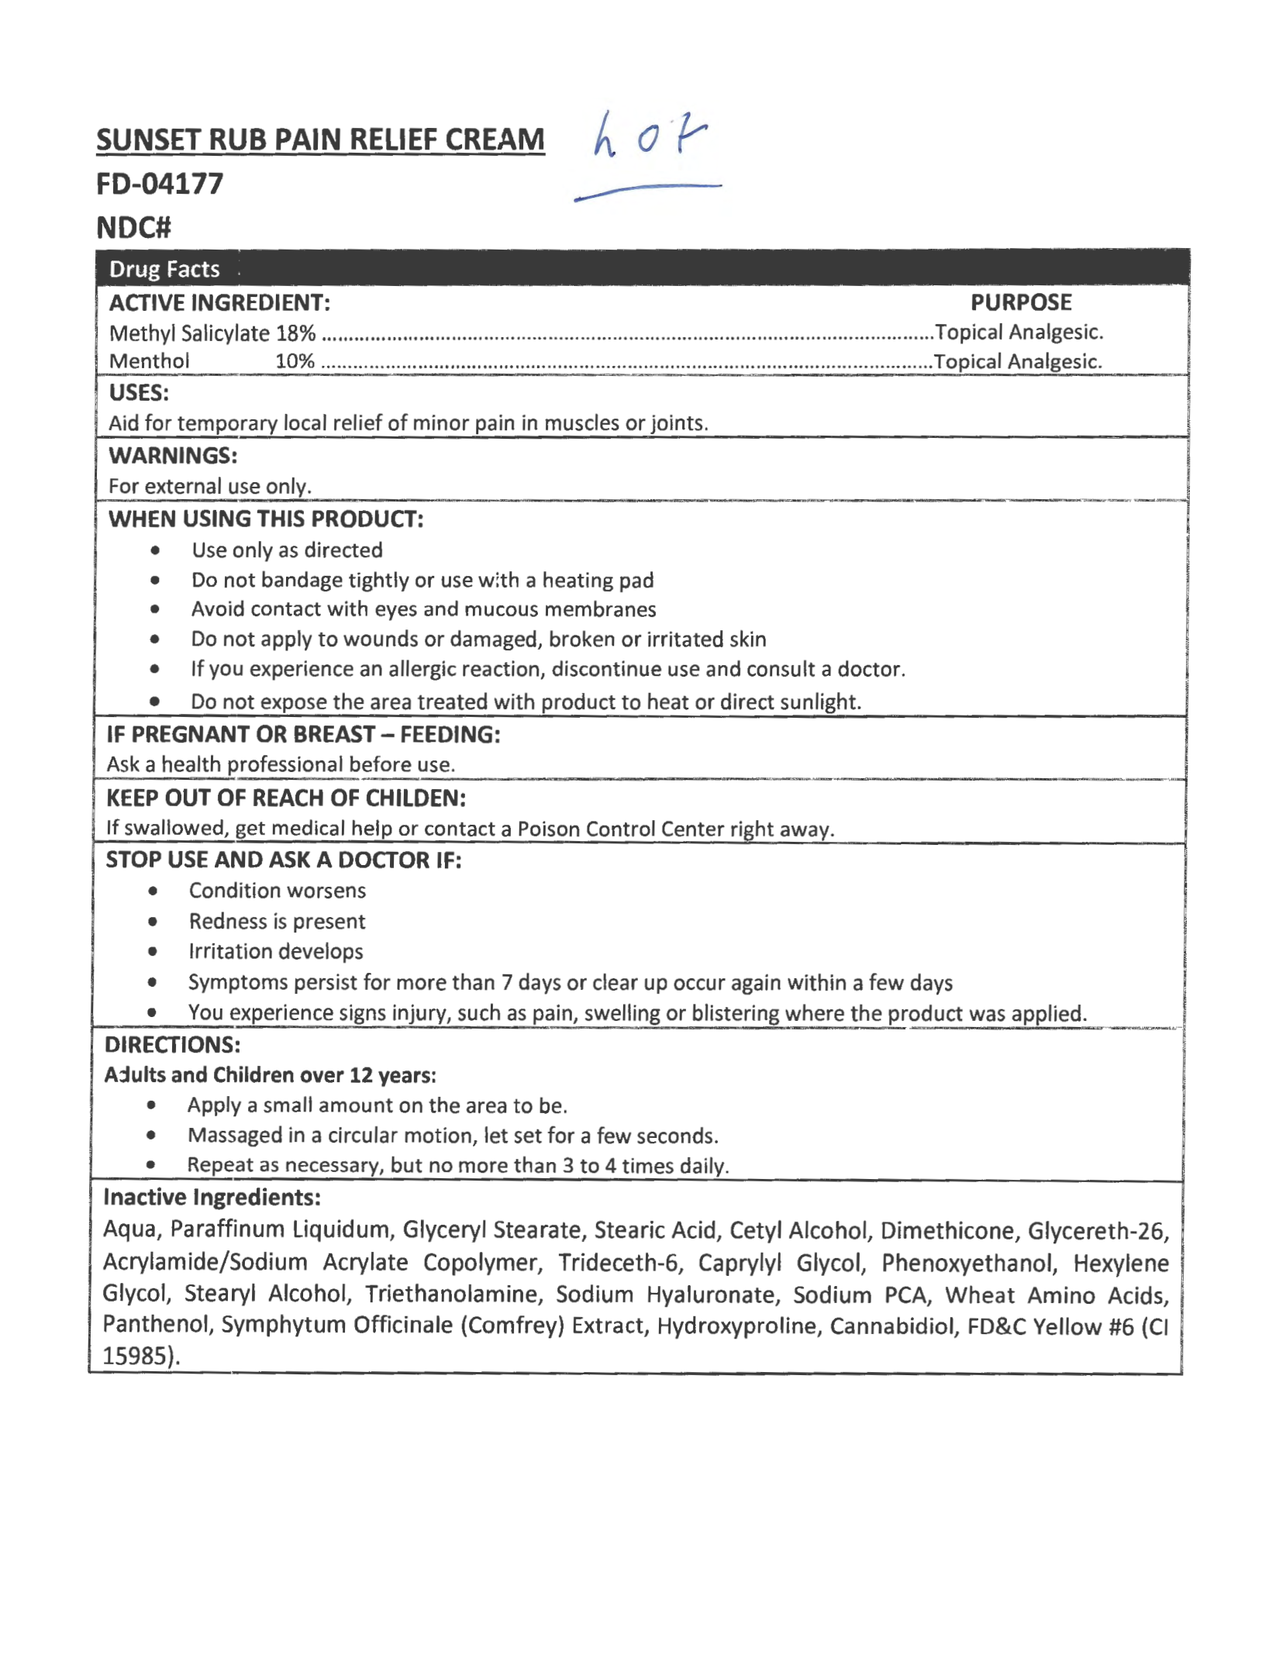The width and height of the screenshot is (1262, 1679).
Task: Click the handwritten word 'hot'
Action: point(650,135)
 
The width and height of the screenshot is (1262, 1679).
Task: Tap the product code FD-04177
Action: point(160,184)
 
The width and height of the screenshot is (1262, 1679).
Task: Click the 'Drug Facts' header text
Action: point(164,269)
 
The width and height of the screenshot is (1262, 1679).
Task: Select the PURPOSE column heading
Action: point(1020,302)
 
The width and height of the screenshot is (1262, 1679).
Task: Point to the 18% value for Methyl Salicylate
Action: point(296,333)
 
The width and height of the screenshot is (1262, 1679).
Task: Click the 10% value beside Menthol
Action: point(295,361)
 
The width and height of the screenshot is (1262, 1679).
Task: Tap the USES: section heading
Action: point(139,393)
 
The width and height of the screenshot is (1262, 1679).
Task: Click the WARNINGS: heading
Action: point(173,456)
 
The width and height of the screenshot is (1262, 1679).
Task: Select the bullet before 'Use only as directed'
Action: point(156,551)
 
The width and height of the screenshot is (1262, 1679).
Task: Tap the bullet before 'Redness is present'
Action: point(153,922)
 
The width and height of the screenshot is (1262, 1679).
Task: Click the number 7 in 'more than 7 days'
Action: point(506,983)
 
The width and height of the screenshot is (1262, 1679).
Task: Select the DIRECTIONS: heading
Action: point(172,1045)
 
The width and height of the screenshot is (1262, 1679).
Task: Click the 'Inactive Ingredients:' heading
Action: point(212,1198)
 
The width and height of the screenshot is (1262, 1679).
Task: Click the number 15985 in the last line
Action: point(136,1356)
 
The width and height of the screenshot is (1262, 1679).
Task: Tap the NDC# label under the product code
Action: point(133,228)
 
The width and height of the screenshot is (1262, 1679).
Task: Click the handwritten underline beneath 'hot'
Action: point(648,191)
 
